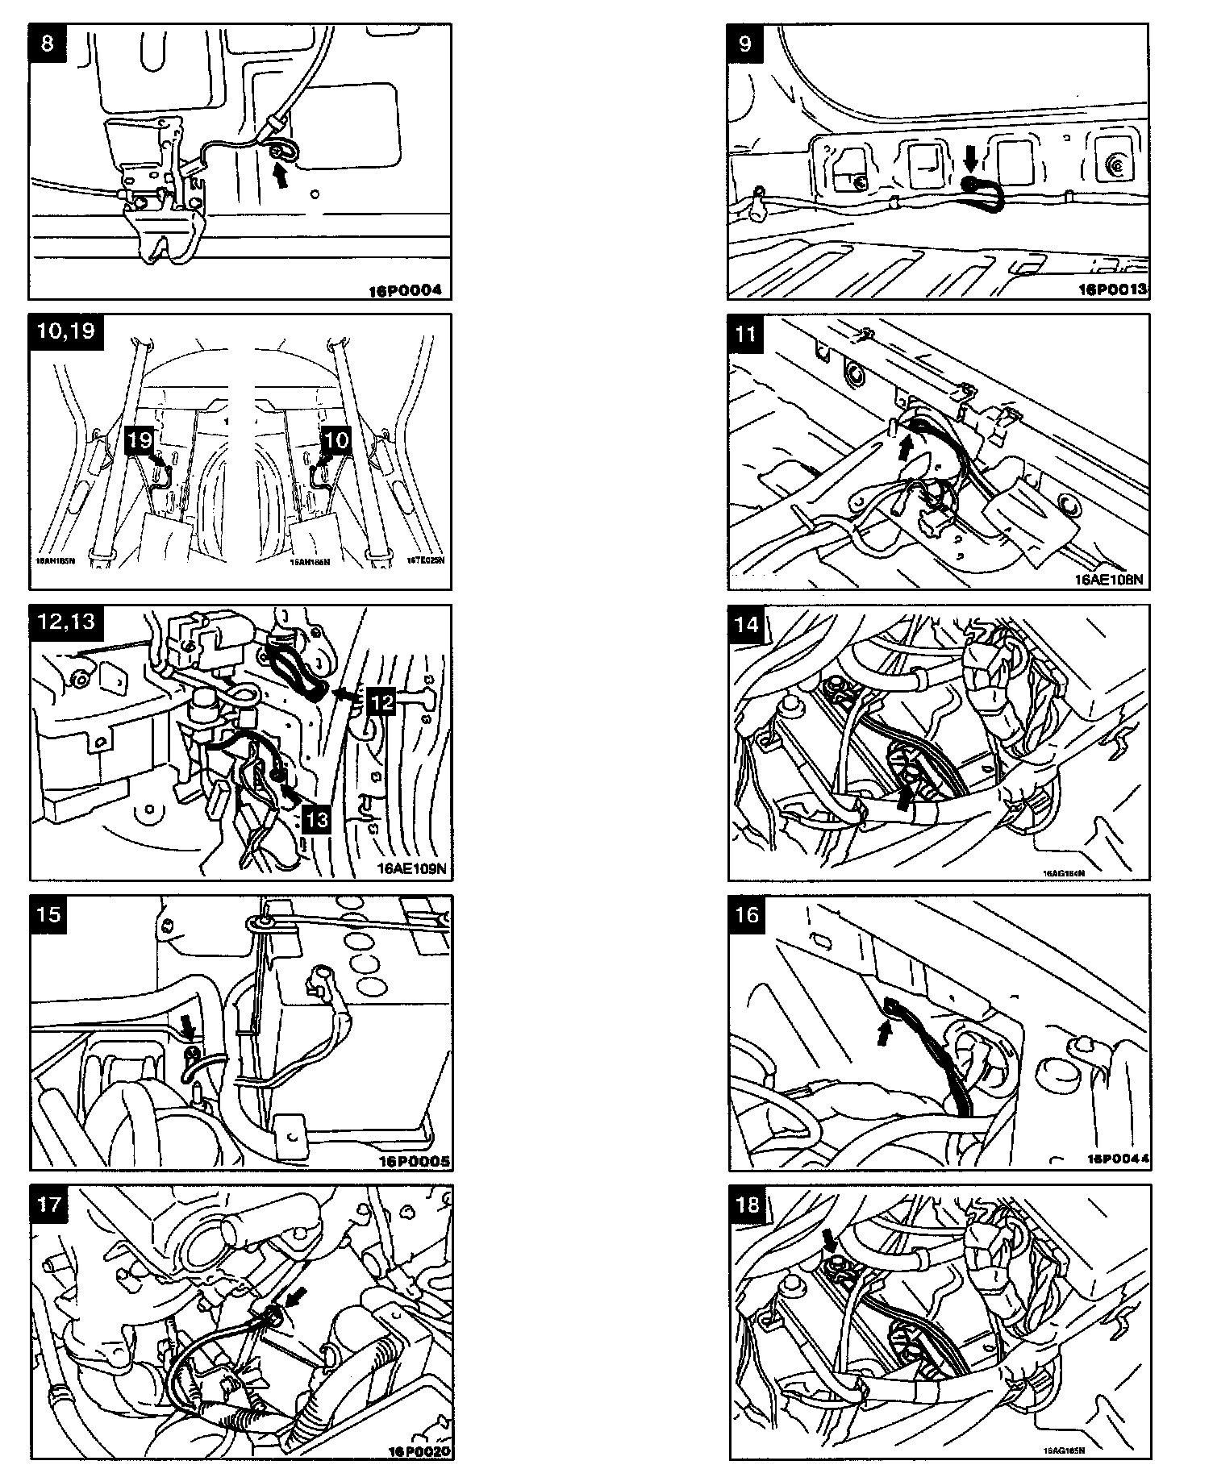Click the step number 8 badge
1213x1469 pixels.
(x=48, y=42)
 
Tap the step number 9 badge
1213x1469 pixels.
(x=745, y=42)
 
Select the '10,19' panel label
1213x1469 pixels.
(x=66, y=331)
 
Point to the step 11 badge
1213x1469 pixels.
(x=746, y=332)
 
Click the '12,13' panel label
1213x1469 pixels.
(x=66, y=622)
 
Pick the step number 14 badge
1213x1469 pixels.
(x=747, y=623)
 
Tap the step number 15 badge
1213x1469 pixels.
(x=49, y=913)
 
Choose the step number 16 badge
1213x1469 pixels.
(x=747, y=913)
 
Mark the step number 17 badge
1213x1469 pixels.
(x=49, y=1205)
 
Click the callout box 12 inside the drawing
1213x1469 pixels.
(x=381, y=701)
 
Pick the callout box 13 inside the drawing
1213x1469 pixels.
(x=317, y=819)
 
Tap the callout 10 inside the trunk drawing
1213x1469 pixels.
(x=336, y=440)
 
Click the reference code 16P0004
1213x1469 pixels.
(x=406, y=290)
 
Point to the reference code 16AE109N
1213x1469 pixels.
(x=411, y=869)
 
